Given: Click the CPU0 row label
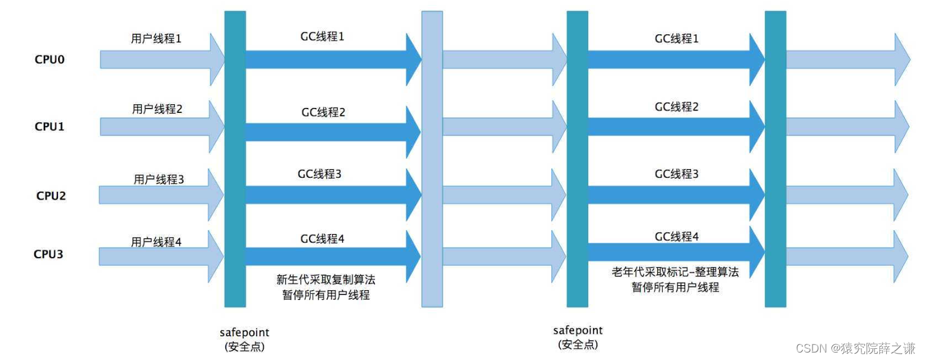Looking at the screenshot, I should [x=50, y=60].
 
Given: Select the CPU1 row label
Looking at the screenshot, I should [x=50, y=127].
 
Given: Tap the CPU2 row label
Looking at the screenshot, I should [x=51, y=196].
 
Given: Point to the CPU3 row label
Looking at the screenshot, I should [x=49, y=255].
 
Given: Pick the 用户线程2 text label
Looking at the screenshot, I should [x=157, y=109].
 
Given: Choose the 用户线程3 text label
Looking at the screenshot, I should [x=159, y=180].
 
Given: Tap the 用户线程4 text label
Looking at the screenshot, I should [x=156, y=241].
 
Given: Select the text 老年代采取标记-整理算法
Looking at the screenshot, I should [x=675, y=272].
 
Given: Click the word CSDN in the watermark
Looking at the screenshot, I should [x=810, y=348].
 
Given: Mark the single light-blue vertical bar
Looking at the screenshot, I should [x=432, y=159].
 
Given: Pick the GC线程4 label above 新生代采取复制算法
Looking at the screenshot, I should [x=322, y=238].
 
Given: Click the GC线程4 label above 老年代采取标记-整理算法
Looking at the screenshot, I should [x=677, y=236].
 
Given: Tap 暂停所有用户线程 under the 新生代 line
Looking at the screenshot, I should [x=326, y=295].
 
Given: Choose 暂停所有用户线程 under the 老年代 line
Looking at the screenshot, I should [x=675, y=287].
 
